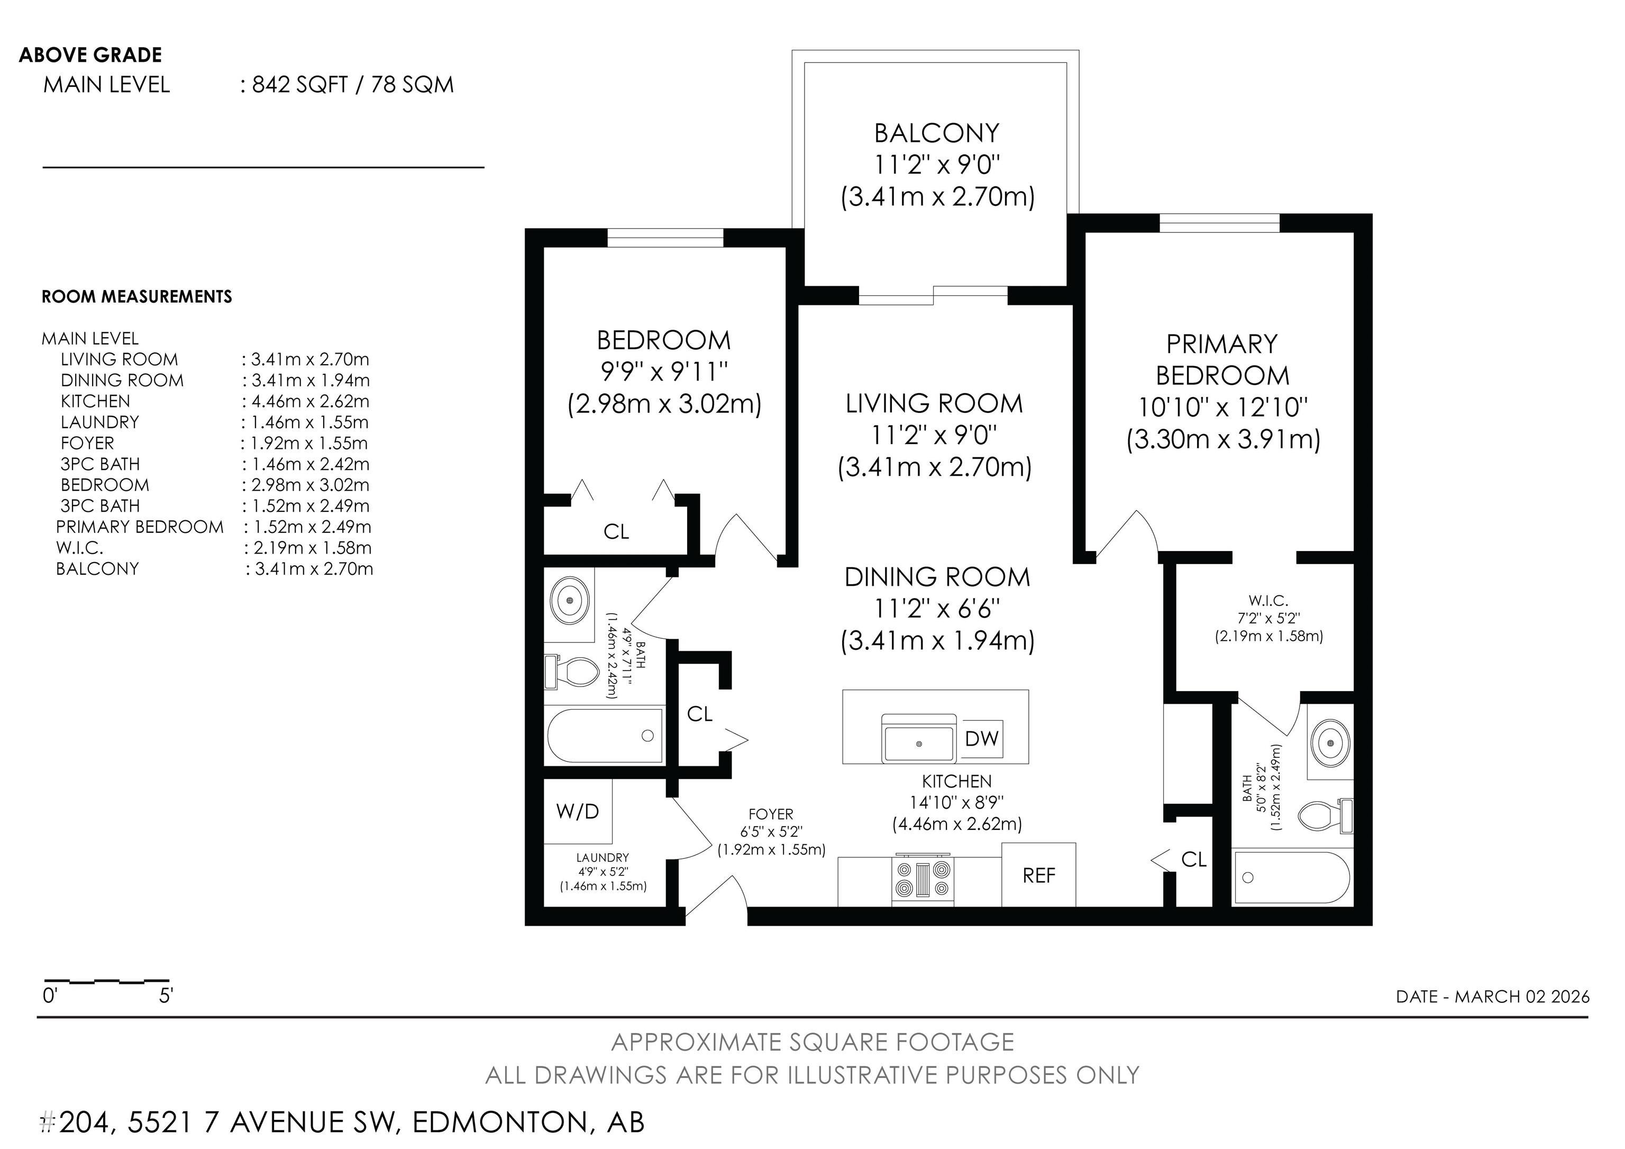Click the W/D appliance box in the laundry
578,811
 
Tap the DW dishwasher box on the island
982,738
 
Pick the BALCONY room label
936,133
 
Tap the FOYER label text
771,814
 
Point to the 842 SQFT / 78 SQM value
352,85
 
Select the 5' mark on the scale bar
166,996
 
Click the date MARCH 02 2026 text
1522,997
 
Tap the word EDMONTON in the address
500,1122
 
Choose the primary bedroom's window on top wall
1219,223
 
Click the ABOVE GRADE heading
90,55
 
